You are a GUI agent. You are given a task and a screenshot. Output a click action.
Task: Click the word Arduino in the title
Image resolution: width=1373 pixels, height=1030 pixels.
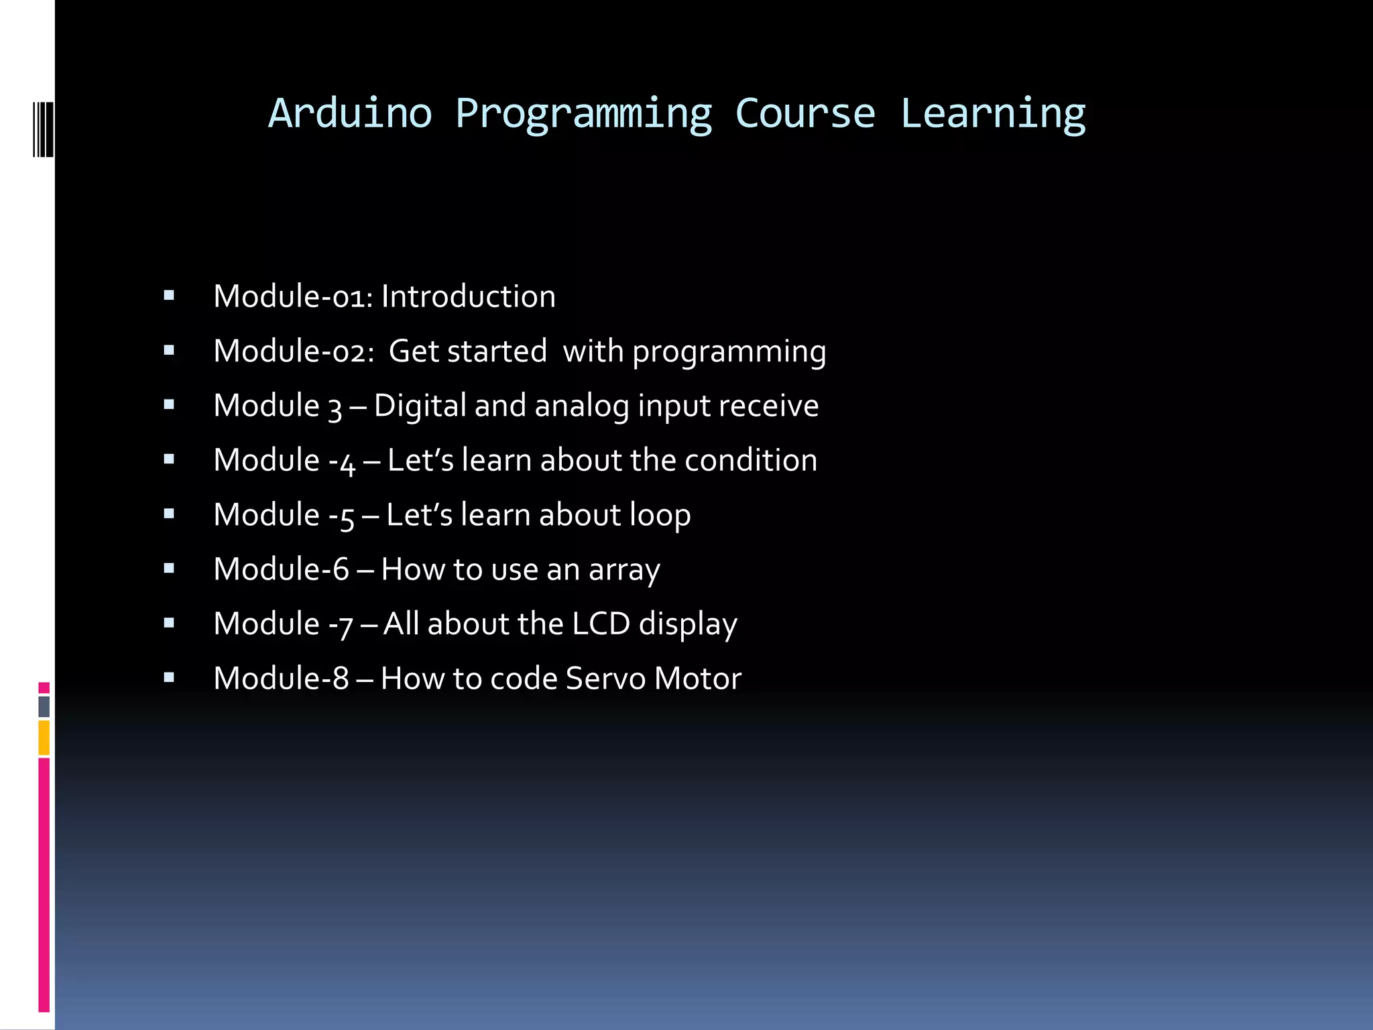click(x=350, y=113)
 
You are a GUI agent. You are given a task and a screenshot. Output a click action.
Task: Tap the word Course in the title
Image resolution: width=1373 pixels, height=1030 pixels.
click(x=805, y=113)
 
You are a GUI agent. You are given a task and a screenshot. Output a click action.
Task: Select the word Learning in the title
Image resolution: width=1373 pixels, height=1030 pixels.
click(x=992, y=113)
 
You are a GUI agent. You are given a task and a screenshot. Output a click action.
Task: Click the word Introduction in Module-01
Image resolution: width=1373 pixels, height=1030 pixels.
click(x=468, y=296)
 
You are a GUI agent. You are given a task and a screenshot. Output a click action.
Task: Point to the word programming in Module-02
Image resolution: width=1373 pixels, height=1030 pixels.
click(x=729, y=352)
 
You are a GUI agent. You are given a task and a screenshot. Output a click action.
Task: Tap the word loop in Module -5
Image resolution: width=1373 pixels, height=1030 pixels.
click(x=660, y=516)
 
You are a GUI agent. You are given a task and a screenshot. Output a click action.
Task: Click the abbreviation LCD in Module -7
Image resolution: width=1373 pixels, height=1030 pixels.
click(x=601, y=624)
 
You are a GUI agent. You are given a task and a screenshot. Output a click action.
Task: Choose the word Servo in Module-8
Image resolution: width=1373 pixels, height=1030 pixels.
click(x=605, y=678)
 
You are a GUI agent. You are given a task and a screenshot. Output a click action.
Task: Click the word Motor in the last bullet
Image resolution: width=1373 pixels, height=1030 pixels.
click(x=698, y=678)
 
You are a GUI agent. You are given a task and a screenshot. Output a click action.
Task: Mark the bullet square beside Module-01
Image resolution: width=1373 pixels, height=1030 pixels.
click(x=169, y=295)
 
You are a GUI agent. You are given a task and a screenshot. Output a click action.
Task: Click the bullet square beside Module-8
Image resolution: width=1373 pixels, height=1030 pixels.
click(x=169, y=677)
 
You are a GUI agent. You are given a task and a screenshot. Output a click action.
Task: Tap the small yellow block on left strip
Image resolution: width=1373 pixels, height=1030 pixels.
click(x=44, y=738)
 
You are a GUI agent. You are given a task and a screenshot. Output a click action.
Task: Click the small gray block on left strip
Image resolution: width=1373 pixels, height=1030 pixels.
click(x=44, y=706)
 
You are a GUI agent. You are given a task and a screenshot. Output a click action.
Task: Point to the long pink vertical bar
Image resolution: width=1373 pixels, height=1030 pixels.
click(x=44, y=885)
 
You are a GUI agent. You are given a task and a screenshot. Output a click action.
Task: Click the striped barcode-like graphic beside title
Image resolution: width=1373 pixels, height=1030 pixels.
click(x=43, y=129)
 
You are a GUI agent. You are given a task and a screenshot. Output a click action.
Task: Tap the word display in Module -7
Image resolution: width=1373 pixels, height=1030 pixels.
click(x=688, y=624)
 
